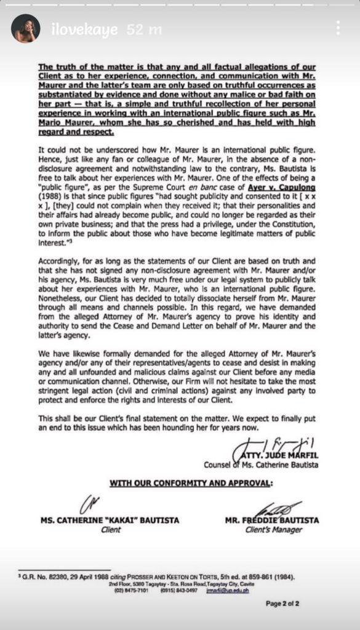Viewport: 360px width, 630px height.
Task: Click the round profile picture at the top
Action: [25, 28]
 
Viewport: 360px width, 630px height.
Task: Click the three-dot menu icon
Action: [338, 28]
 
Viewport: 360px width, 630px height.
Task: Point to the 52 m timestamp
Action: [144, 29]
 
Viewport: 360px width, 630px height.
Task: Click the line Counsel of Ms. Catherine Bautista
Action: [261, 465]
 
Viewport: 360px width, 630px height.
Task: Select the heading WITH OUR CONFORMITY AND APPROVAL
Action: [191, 483]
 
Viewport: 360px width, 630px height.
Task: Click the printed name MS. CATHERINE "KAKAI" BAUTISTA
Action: [110, 520]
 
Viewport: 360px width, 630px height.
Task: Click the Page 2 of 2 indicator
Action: [282, 603]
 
